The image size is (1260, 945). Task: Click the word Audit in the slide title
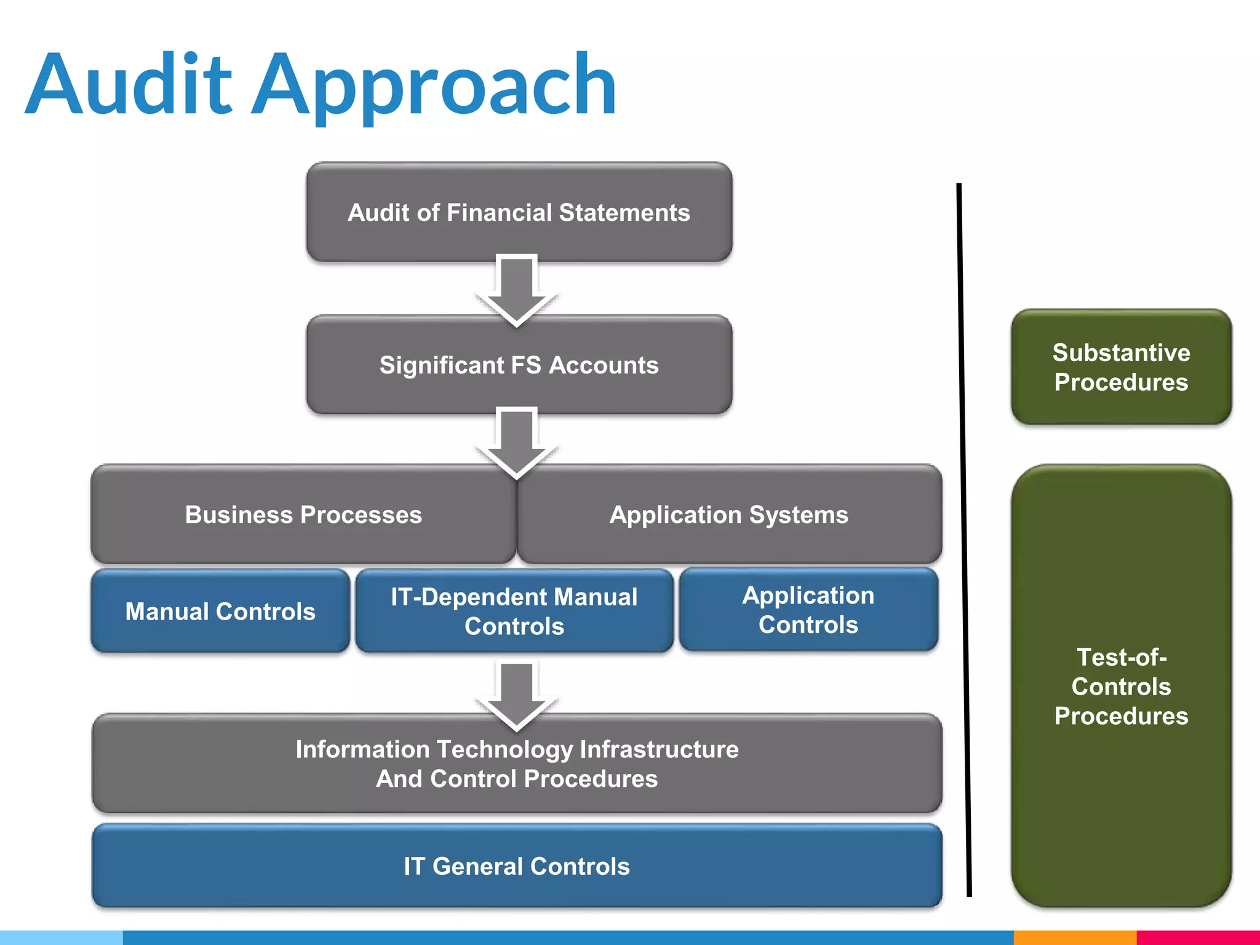coord(129,84)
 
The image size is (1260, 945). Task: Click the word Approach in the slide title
coord(434,86)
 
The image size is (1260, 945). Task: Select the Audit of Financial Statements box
coord(519,212)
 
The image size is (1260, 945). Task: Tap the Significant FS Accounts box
coord(519,365)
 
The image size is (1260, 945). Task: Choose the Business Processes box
coord(303,514)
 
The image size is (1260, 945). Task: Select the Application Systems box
coord(729,514)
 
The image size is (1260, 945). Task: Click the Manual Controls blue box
coord(220,611)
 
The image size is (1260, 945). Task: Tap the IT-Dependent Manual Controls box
coord(514,611)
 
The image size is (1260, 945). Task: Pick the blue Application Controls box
coord(808,610)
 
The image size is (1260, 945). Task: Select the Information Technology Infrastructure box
coord(517,764)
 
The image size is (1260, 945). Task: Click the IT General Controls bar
coord(517,866)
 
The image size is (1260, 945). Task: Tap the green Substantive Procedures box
coord(1121,367)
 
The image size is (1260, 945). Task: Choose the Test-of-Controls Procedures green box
coord(1121,686)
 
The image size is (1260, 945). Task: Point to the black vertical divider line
coord(963,541)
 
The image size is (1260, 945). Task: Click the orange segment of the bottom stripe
coord(1074,938)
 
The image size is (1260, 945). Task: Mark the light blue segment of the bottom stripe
coord(62,938)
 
